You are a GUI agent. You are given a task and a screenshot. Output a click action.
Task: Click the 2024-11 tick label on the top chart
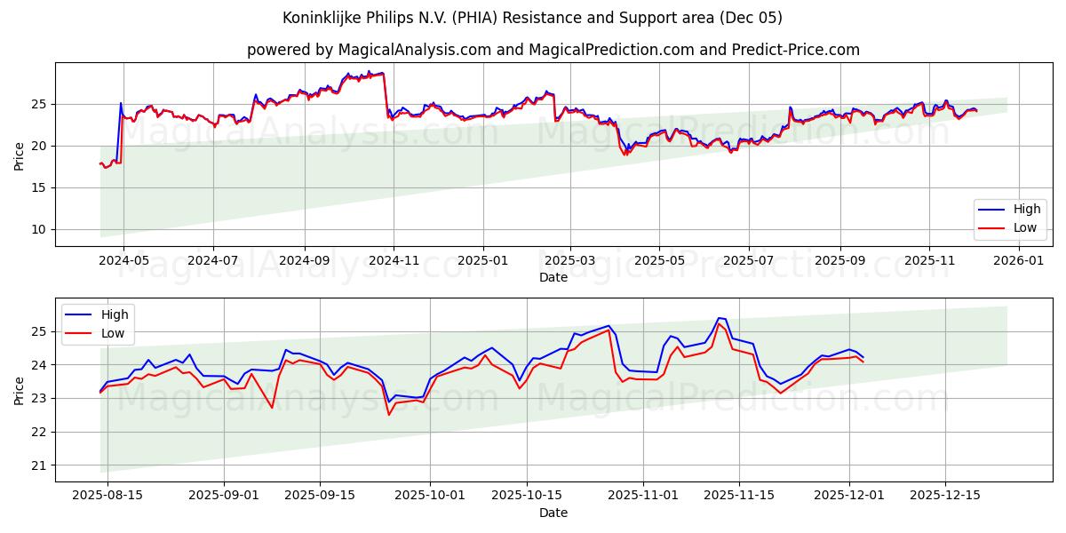[394, 261]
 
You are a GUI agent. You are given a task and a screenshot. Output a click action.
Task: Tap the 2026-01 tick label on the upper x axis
[1018, 261]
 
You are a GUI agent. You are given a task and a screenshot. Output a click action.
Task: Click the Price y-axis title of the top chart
[20, 155]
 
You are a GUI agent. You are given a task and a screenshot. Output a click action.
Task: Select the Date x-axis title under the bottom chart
[553, 513]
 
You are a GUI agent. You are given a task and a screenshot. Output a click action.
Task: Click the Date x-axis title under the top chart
[553, 277]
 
